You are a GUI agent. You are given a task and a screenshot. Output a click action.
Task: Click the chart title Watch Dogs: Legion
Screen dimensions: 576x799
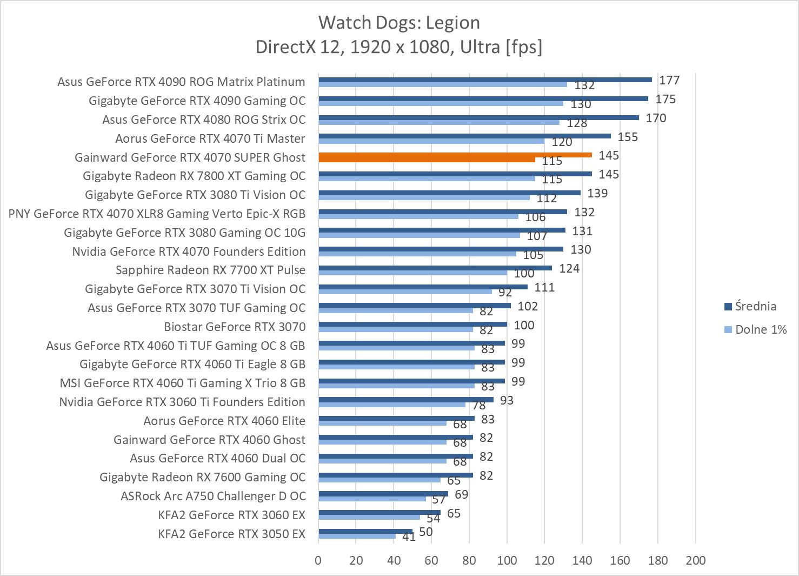click(x=399, y=23)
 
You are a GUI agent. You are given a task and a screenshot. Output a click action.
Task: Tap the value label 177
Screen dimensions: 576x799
click(x=669, y=81)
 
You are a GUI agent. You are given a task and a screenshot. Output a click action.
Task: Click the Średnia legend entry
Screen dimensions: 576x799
click(x=755, y=307)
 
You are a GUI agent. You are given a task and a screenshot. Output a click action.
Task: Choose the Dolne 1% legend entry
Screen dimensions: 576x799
click(x=760, y=329)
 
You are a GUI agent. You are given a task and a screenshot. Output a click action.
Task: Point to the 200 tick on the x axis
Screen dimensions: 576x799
click(x=695, y=560)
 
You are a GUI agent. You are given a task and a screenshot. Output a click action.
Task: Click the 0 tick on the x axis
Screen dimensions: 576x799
click(x=318, y=560)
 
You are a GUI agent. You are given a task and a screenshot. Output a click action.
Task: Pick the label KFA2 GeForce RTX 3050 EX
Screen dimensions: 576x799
click(x=231, y=534)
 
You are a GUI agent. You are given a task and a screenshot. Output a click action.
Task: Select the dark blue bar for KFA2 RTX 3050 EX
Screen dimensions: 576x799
click(x=365, y=531)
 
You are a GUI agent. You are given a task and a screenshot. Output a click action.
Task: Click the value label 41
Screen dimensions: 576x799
click(x=409, y=537)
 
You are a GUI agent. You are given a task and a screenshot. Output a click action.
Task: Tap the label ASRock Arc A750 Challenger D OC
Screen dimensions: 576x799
click(x=213, y=496)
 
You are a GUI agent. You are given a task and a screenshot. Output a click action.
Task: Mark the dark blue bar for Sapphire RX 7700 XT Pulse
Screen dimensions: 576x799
click(x=435, y=268)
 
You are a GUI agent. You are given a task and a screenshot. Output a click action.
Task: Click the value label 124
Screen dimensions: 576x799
click(x=569, y=268)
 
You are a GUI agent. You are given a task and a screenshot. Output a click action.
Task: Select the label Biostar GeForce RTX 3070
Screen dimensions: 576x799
click(x=235, y=327)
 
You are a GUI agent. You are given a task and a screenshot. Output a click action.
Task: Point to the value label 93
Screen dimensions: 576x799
click(x=507, y=400)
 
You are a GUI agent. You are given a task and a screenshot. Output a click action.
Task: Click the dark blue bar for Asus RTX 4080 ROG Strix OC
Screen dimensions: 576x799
click(x=478, y=117)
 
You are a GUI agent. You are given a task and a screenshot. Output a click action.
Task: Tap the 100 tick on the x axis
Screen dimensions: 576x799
click(x=507, y=560)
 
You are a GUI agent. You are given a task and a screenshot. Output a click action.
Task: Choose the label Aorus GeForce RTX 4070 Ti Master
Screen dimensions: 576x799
click(x=210, y=138)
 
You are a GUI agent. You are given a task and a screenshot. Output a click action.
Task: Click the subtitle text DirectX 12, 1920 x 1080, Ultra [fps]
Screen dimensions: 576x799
click(x=399, y=47)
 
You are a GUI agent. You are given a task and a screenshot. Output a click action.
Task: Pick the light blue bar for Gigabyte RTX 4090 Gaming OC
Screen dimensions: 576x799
click(x=441, y=103)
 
